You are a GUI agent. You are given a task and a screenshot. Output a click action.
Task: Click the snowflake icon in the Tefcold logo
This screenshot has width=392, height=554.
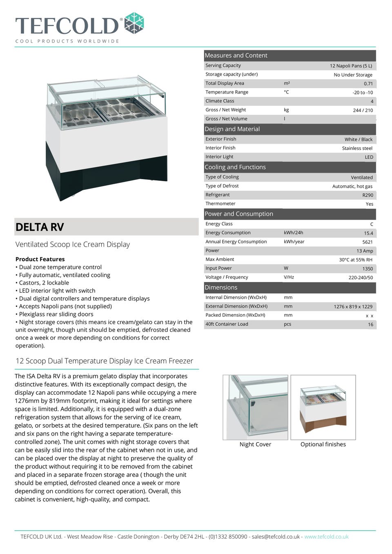[x=134, y=23]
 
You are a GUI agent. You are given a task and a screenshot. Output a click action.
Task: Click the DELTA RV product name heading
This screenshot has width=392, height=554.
[x=40, y=227]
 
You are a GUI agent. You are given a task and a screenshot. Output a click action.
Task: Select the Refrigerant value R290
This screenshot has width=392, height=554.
[x=367, y=195]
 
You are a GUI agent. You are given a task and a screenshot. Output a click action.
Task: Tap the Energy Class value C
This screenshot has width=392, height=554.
[x=372, y=224]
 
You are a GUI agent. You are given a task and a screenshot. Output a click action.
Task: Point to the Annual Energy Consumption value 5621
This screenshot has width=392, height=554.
[x=367, y=242]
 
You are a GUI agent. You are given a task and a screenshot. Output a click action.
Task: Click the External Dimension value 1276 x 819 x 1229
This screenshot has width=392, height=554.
[x=353, y=307]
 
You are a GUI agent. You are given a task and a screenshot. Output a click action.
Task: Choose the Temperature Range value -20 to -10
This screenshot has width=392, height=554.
[x=363, y=93]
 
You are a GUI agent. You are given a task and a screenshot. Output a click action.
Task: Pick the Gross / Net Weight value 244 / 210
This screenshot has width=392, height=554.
[x=363, y=110]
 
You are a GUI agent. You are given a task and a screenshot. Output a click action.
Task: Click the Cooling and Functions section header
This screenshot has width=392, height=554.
[x=235, y=167]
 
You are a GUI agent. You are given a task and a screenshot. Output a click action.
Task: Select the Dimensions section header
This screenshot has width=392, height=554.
[x=221, y=287]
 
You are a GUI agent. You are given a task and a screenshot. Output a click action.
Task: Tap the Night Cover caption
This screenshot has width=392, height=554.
[x=255, y=444]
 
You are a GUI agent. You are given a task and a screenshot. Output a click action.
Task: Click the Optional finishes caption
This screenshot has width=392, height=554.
[x=323, y=444]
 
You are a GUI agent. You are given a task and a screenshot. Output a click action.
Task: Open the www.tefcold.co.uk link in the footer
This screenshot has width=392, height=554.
[x=326, y=536]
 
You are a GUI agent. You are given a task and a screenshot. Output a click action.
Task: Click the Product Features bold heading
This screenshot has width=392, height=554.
[x=40, y=259]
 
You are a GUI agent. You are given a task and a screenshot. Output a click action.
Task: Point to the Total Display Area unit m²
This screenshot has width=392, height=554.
[x=287, y=83]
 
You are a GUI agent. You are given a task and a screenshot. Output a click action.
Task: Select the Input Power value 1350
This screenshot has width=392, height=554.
[x=367, y=269]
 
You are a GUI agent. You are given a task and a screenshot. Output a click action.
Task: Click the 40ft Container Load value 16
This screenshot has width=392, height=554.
[x=370, y=325]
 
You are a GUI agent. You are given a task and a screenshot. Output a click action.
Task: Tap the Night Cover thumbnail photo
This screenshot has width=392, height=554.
[x=255, y=407]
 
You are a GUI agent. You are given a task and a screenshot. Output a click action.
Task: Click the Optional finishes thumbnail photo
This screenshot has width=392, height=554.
[x=323, y=407]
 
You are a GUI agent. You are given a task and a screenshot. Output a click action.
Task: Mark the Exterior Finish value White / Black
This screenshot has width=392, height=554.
[x=358, y=140]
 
